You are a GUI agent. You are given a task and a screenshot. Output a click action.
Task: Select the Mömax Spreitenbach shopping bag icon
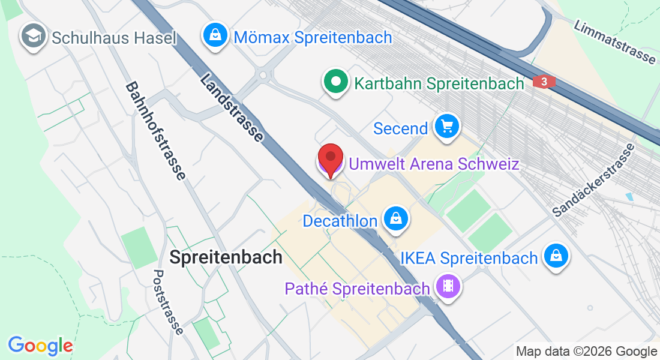pyautogui.click(x=215, y=35)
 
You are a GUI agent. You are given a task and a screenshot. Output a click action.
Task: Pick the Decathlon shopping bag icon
pyautogui.click(x=395, y=219)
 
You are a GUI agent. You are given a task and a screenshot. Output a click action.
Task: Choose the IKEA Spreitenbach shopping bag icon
pyautogui.click(x=556, y=257)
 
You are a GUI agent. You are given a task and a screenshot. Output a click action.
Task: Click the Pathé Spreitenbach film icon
pyautogui.click(x=448, y=286)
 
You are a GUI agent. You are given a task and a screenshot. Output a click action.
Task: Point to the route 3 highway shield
pyautogui.click(x=544, y=82)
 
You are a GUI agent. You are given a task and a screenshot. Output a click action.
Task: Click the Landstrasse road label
pyautogui.click(x=232, y=107)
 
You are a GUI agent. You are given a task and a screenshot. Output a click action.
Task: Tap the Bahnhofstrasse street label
pyautogui.click(x=155, y=131)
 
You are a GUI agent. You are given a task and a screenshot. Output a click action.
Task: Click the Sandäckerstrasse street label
pyautogui.click(x=593, y=180)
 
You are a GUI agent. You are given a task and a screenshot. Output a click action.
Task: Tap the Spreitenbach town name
pyautogui.click(x=226, y=257)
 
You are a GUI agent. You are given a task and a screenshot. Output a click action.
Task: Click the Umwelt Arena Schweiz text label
pyautogui.click(x=433, y=164)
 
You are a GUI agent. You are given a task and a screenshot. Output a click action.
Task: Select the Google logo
pyautogui.click(x=40, y=346)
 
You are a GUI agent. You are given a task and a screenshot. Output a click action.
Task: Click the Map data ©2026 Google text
pyautogui.click(x=586, y=352)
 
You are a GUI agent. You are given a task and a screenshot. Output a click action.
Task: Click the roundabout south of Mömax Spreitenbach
pyautogui.click(x=262, y=76)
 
